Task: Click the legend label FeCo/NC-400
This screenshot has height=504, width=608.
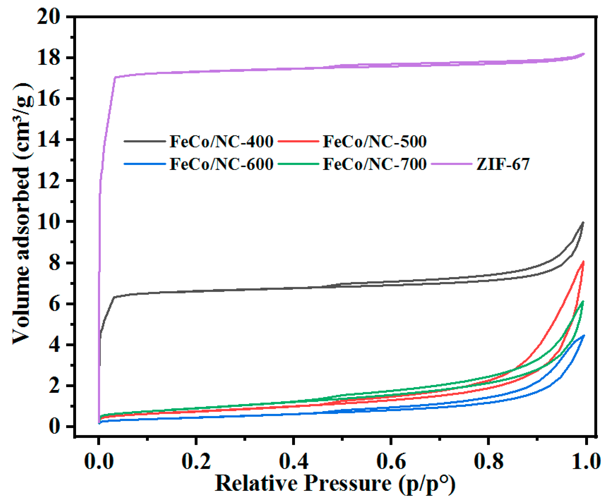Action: pyautogui.click(x=221, y=142)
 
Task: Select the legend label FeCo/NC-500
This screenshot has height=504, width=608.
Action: pyautogui.click(x=375, y=142)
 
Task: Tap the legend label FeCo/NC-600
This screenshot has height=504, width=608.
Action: pyautogui.click(x=221, y=164)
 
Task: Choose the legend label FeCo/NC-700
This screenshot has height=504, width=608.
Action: pyautogui.click(x=375, y=164)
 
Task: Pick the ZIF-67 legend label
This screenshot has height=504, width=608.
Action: pyautogui.click(x=503, y=164)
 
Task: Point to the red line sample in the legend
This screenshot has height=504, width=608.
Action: pyautogui.click(x=298, y=141)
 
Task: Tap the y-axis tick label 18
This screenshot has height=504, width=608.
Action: pyautogui.click(x=48, y=58)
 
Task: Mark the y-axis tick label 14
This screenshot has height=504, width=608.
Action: pyautogui.click(x=48, y=140)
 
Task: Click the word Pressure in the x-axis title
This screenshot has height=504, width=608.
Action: pyautogui.click(x=347, y=483)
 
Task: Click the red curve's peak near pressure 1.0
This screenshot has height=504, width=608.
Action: pyautogui.click(x=583, y=262)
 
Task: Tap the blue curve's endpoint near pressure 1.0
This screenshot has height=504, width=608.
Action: pyautogui.click(x=584, y=336)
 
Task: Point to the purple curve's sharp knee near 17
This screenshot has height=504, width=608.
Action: pyautogui.click(x=115, y=77)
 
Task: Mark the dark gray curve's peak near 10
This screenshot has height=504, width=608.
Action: pyautogui.click(x=583, y=222)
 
